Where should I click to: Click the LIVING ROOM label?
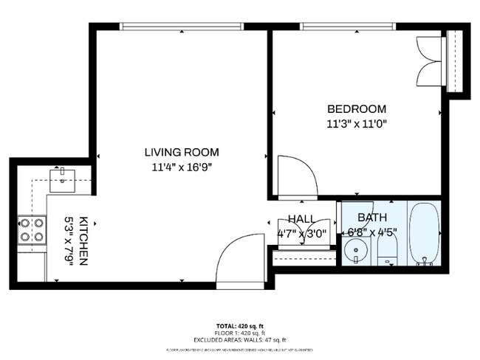[x=181, y=153]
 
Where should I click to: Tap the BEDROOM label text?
[x=357, y=108]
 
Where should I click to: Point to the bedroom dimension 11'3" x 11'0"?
[x=357, y=123]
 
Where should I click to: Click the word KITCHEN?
[x=84, y=242]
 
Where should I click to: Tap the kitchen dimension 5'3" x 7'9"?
[x=70, y=242]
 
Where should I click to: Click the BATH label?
[x=372, y=218]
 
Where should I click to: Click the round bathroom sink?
[x=357, y=251]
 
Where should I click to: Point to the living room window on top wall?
[x=182, y=27]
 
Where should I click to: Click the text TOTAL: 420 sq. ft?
[x=239, y=325]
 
